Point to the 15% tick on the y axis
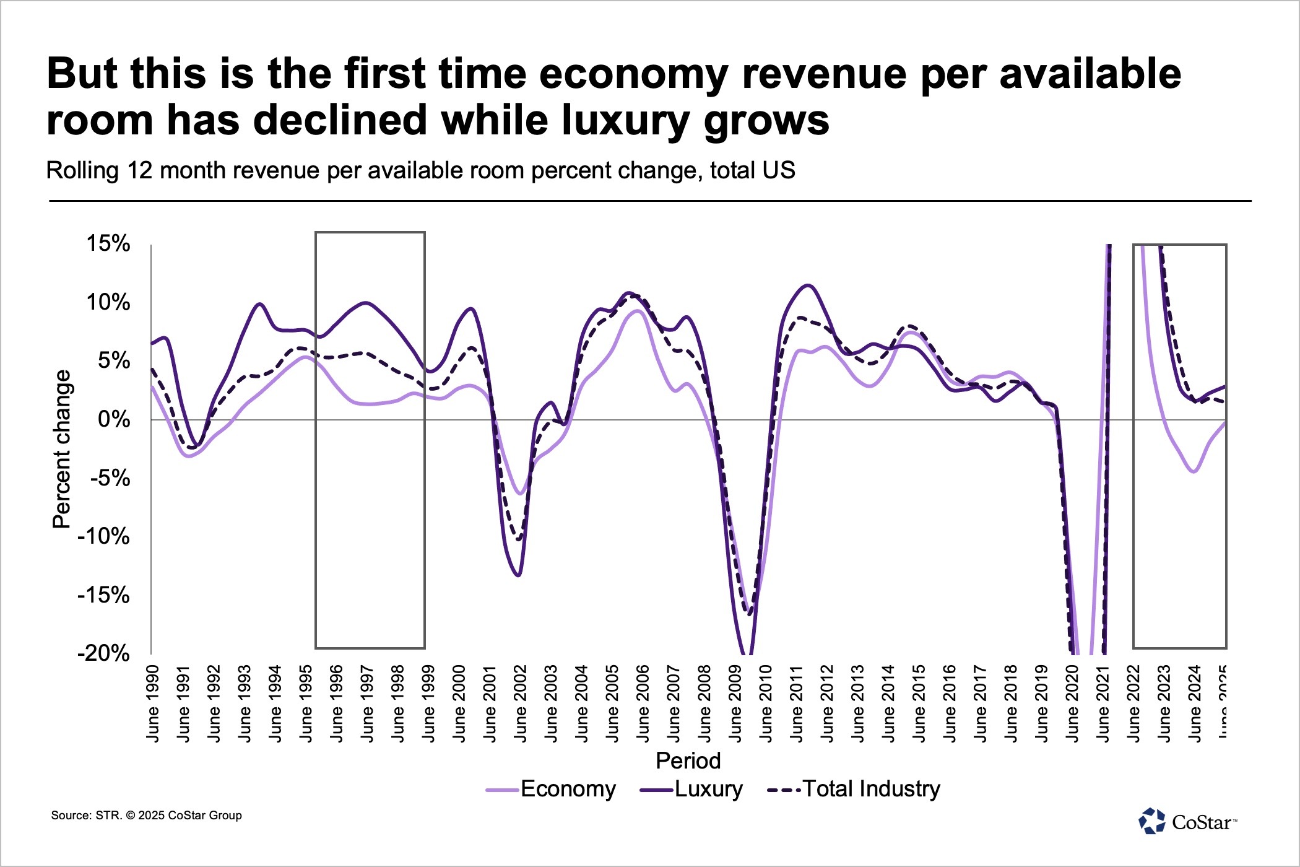point(108,243)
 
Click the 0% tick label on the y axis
point(115,420)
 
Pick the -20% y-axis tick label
point(103,653)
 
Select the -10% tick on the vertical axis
point(103,536)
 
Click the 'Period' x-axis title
point(688,760)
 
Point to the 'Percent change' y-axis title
point(61,449)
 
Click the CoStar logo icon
point(1151,821)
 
